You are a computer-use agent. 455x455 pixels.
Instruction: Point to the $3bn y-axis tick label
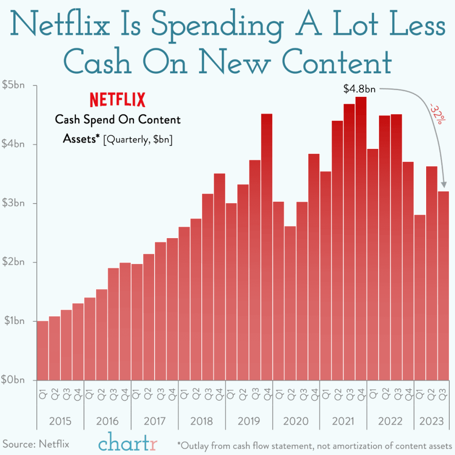13,204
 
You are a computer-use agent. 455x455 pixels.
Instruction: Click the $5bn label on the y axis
13,85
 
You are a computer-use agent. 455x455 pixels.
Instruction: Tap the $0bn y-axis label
13,380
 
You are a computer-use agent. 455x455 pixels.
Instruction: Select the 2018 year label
202,421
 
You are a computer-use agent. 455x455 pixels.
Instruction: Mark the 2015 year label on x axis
60,421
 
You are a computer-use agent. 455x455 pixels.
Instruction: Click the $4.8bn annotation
359,89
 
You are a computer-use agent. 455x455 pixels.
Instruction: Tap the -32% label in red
435,114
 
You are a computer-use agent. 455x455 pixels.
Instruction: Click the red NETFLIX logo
118,100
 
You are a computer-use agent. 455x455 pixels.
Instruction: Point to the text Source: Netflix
36,443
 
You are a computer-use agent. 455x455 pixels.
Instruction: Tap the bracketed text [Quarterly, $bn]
138,140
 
